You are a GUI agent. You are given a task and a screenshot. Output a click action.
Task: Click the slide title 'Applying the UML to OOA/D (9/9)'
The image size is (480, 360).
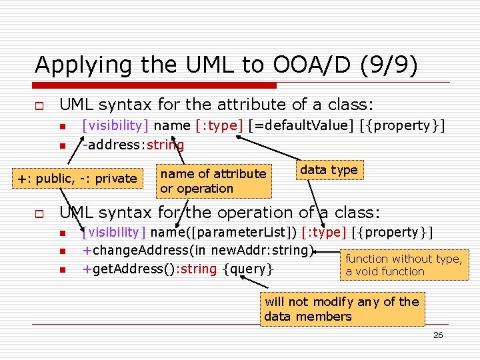[x=226, y=65]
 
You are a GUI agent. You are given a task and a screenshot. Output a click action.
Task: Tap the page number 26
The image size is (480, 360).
[x=438, y=335]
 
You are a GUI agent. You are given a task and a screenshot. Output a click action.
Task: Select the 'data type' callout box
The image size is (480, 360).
[x=329, y=170]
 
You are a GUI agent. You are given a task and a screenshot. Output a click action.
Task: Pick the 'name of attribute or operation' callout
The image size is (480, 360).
[x=213, y=181]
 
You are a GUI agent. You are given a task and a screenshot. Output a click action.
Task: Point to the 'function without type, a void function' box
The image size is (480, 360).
[x=404, y=265]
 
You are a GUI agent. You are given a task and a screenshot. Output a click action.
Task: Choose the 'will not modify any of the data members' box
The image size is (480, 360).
[x=342, y=309]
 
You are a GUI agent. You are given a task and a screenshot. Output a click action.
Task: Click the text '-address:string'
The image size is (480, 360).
[x=133, y=145]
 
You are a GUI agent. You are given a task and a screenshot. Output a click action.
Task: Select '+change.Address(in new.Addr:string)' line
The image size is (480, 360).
[x=197, y=251]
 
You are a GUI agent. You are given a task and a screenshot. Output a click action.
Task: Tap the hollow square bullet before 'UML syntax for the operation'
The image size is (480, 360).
[x=40, y=214]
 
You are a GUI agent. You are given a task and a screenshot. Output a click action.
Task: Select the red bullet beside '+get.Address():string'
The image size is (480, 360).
[x=62, y=270]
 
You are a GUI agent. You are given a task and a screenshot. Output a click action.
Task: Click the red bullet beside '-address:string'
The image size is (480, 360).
[x=62, y=146]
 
